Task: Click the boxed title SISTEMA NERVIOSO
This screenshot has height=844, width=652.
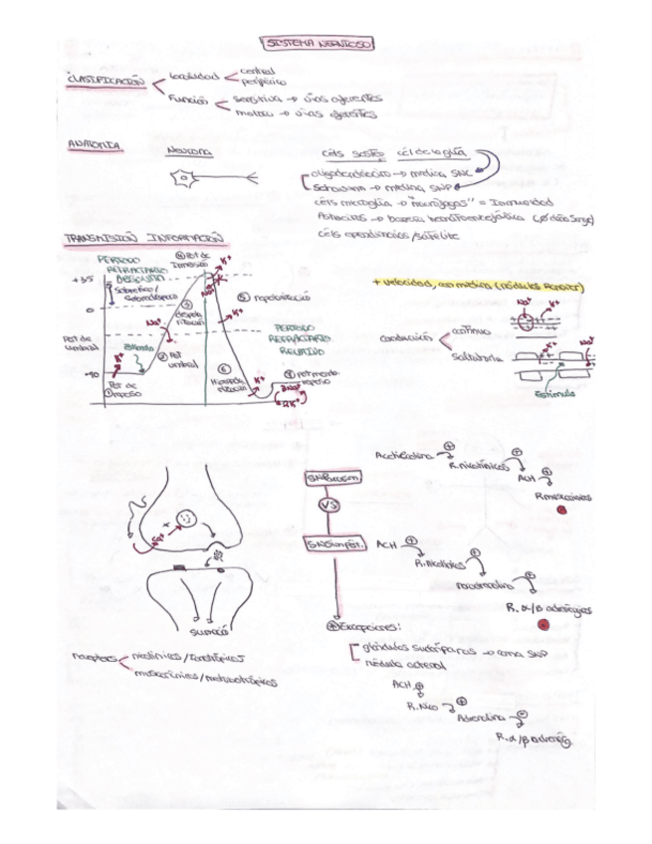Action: tap(317, 44)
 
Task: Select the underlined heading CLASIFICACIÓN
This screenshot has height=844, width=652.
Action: tap(105, 81)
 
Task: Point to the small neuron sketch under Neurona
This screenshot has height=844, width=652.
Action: tap(186, 180)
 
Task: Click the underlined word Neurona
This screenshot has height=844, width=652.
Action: tap(188, 151)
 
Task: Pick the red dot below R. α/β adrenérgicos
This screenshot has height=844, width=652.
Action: tap(542, 625)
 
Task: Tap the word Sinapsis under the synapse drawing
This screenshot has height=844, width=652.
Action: tap(209, 630)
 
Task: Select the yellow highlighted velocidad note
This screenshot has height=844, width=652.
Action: tap(477, 287)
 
